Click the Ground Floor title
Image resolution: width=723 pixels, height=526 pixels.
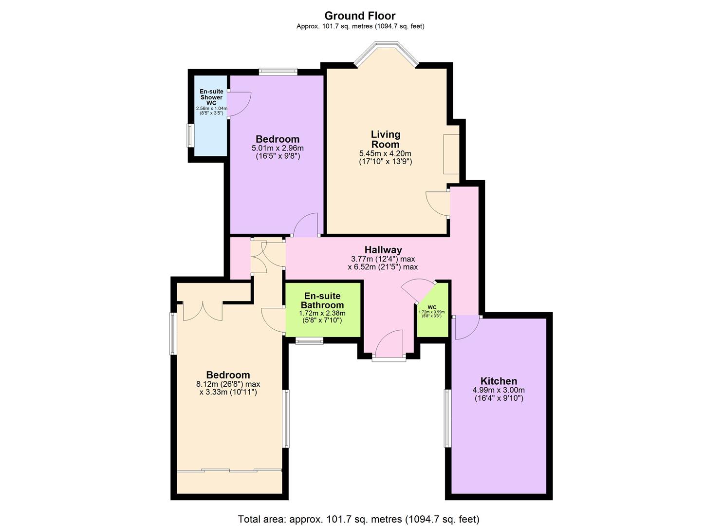[360, 16]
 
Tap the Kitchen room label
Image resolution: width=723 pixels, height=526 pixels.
[499, 381]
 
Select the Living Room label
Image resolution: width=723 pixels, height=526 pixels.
[385, 139]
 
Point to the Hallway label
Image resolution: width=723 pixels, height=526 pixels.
[383, 250]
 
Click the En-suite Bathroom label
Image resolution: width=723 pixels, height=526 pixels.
[322, 301]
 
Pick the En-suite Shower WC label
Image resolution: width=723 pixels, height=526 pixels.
[211, 97]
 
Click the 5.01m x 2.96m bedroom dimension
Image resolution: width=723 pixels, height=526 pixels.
[278, 148]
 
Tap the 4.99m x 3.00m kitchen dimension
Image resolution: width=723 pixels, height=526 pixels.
[499, 390]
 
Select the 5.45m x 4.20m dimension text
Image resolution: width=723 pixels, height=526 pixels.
[385, 153]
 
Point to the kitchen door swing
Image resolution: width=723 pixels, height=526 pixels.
[467, 327]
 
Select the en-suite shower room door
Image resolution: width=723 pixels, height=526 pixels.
[239, 104]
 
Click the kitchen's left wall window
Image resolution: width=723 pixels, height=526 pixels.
[447, 418]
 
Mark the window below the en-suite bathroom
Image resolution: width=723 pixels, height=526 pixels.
[310, 341]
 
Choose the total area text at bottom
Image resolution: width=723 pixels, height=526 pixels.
[358, 519]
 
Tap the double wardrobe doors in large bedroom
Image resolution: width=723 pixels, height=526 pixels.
[203, 311]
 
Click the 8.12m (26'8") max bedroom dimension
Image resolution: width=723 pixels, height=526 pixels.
[228, 384]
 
